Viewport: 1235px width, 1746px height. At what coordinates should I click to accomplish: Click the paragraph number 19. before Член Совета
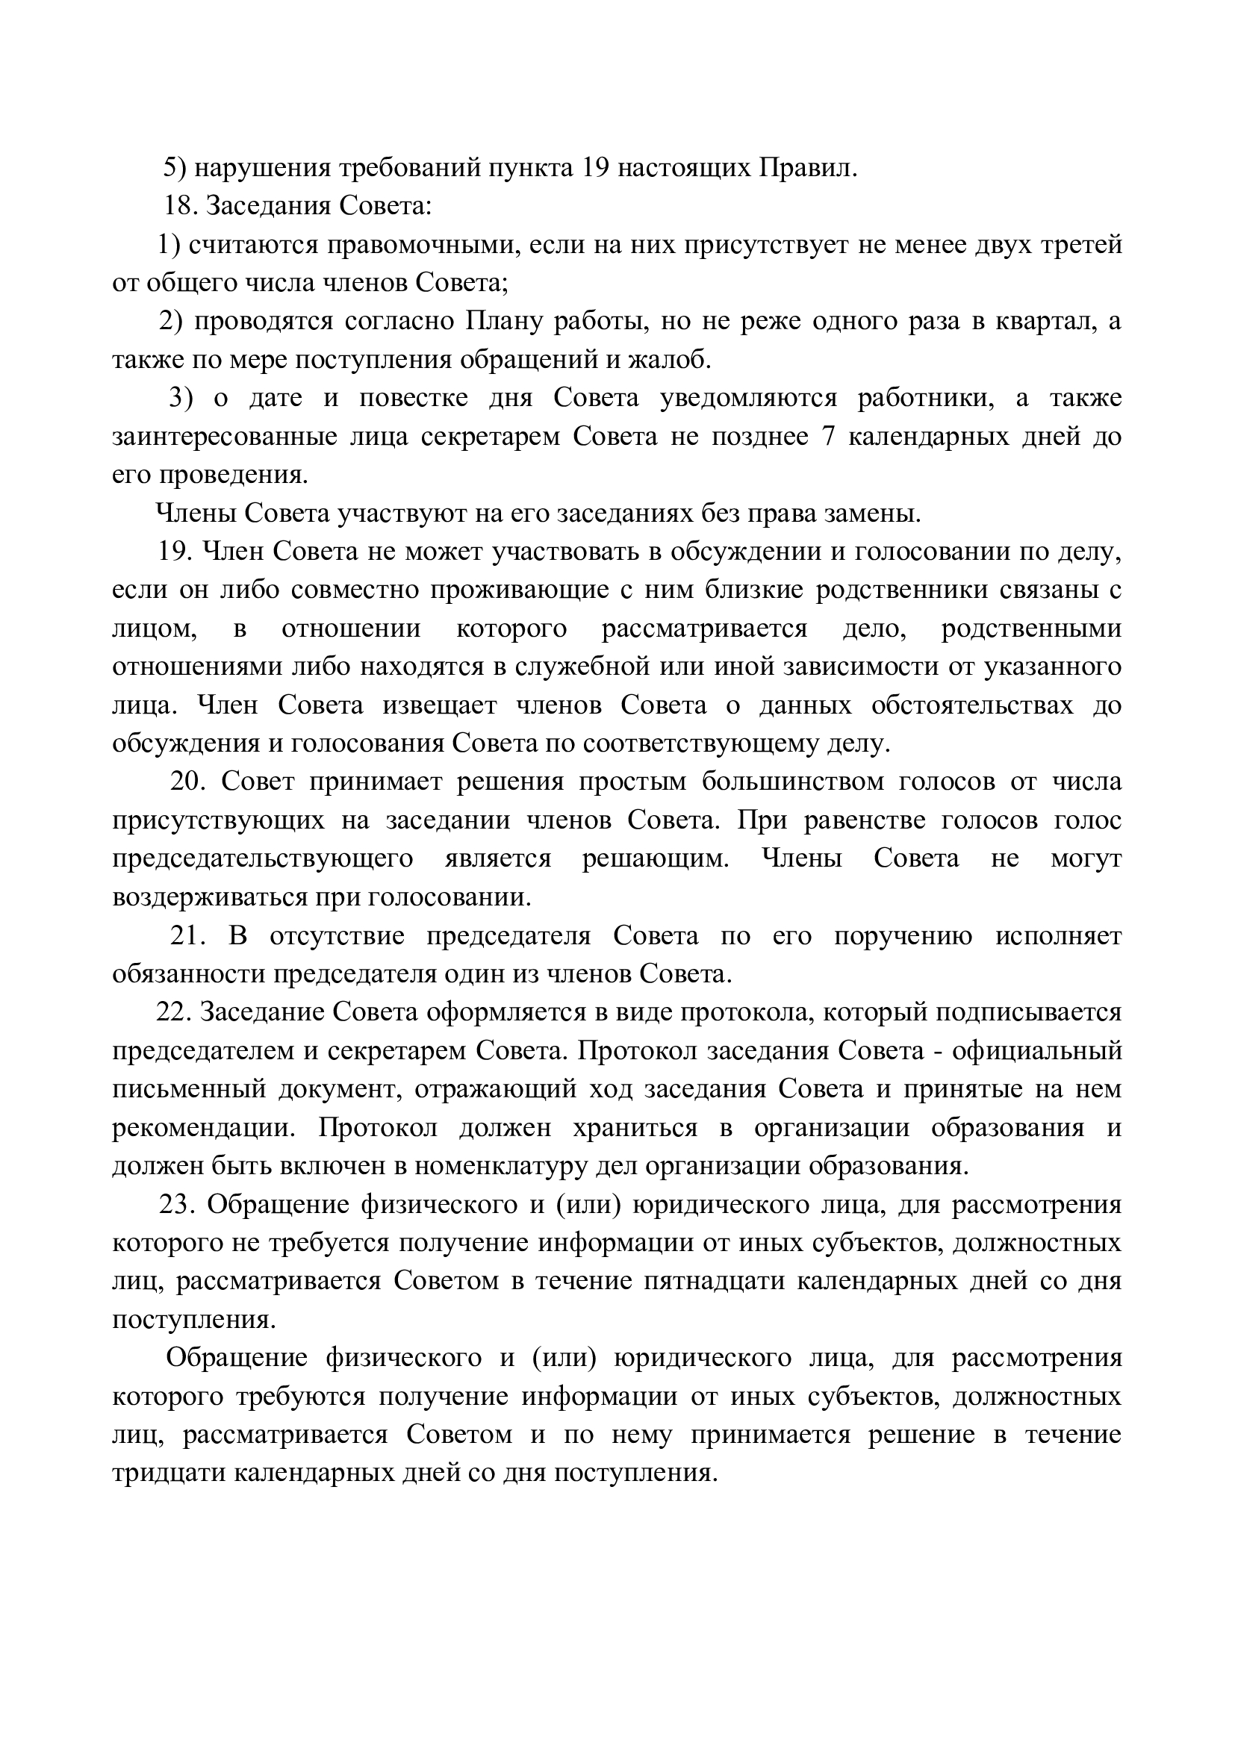click(174, 552)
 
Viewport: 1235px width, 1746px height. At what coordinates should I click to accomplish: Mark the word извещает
click(440, 705)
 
